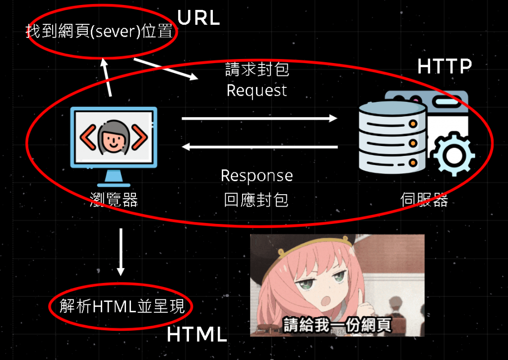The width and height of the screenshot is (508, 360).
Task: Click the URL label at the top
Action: (198, 18)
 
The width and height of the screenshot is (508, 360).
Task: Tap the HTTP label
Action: (444, 67)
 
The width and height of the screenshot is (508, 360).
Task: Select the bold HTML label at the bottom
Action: (196, 335)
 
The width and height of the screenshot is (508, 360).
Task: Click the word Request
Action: (256, 90)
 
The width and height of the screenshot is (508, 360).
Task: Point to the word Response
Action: (256, 176)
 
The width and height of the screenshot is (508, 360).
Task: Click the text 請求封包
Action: (257, 69)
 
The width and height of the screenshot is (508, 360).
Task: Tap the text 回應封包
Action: (256, 200)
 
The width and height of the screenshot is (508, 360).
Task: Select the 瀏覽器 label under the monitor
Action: (114, 200)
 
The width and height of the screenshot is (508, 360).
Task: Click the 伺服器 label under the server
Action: (424, 200)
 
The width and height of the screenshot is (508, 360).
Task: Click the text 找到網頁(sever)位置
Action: (100, 32)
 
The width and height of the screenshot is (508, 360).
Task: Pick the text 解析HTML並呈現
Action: (122, 306)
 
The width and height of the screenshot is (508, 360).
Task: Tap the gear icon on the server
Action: (453, 154)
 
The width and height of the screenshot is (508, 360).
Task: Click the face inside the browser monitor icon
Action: (114, 137)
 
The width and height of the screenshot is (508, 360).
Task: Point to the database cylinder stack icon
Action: (392, 134)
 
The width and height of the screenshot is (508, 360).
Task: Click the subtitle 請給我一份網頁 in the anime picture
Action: (337, 325)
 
